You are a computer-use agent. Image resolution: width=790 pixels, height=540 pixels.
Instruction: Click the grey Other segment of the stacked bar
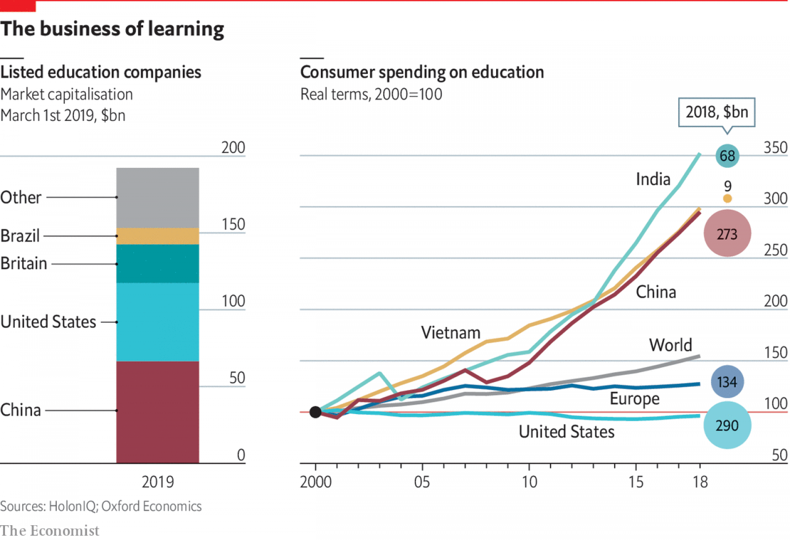tap(158, 197)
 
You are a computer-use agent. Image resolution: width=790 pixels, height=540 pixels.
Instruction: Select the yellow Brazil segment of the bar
tap(158, 236)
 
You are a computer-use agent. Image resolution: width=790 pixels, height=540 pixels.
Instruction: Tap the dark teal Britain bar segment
tap(158, 264)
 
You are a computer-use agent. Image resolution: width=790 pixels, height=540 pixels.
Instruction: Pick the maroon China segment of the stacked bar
tap(158, 412)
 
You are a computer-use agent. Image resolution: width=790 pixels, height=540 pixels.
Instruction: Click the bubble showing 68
tap(727, 156)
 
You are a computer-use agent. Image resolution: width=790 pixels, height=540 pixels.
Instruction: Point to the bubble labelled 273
tap(727, 233)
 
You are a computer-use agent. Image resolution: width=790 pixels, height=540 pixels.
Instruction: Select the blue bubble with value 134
tap(727, 382)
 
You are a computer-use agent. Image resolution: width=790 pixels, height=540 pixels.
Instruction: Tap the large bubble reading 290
tap(727, 425)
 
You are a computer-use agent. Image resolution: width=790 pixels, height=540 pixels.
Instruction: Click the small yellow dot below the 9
tap(727, 198)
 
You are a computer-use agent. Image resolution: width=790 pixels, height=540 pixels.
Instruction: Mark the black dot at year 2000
tap(316, 412)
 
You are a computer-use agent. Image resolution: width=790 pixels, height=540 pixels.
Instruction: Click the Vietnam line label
tap(450, 333)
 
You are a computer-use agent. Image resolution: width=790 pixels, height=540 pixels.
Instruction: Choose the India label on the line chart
tap(653, 179)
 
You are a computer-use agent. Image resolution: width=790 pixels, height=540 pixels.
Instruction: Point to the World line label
tap(670, 345)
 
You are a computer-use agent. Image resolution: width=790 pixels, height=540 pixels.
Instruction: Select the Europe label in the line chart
tap(634, 398)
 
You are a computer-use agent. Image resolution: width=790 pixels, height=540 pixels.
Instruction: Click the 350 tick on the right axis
tap(775, 148)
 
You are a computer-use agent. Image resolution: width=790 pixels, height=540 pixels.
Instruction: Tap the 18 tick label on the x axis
tap(700, 482)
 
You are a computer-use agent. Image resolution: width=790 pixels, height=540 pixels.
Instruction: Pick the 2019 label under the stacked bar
tap(158, 482)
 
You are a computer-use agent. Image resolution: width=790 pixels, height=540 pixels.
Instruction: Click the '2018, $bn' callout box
tap(716, 112)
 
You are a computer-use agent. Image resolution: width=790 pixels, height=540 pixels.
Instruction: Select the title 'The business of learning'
tap(112, 29)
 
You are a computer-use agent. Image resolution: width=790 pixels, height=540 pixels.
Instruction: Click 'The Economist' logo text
tap(49, 531)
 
